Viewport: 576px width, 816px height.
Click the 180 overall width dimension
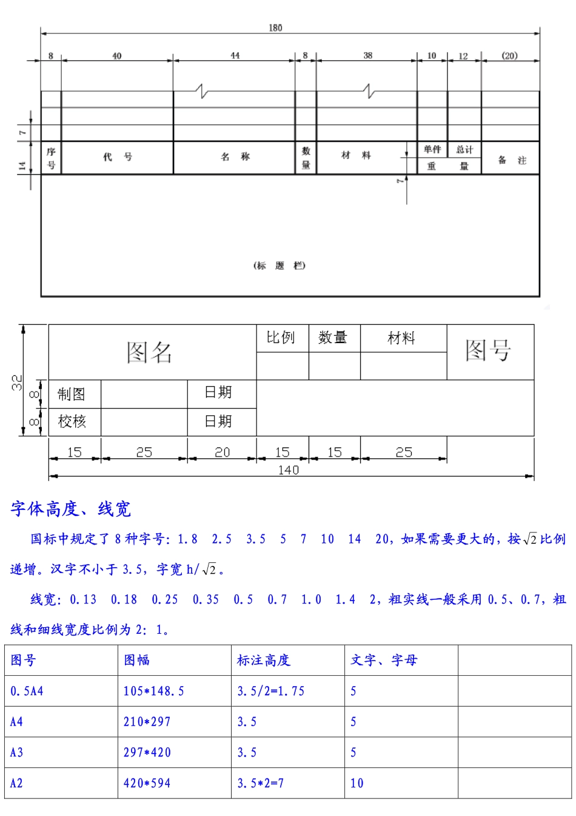point(275,27)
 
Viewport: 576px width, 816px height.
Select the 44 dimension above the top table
point(235,55)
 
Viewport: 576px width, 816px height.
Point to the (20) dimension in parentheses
point(509,55)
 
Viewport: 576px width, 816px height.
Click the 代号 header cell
point(117,157)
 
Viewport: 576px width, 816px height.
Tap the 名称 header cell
point(235,157)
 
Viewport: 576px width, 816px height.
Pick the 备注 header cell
point(512,160)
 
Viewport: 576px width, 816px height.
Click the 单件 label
point(432,149)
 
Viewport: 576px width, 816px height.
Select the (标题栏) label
point(280,265)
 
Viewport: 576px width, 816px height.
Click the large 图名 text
point(150,352)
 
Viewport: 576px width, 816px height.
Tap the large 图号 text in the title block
point(489,350)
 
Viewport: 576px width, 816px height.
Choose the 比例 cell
point(281,338)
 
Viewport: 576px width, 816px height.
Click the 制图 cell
point(72,394)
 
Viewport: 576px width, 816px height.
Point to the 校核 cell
point(72,421)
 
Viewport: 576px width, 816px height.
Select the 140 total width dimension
point(289,470)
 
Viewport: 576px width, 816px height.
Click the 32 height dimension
point(16,382)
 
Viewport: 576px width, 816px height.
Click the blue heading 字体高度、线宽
point(71,509)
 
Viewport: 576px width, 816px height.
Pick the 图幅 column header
point(137,660)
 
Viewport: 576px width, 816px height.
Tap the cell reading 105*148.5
point(154,691)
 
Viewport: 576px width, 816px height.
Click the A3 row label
point(17,752)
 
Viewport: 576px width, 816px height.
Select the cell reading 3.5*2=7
point(261,783)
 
